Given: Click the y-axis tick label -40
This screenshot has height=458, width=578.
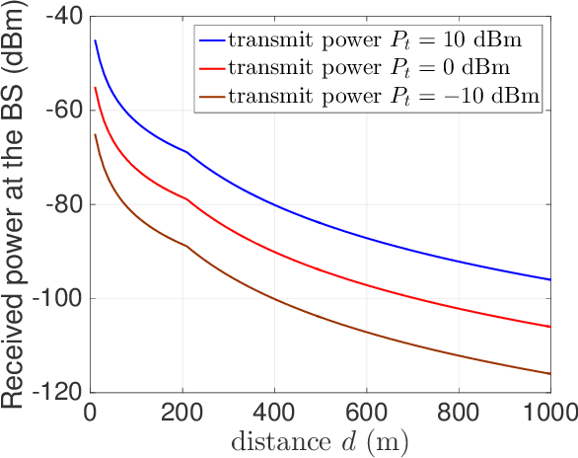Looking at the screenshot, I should [62, 17].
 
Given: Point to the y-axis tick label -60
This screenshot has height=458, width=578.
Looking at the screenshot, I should [62, 111].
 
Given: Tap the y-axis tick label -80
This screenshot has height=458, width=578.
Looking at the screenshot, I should [62, 204].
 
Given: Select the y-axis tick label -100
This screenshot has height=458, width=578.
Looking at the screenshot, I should [57, 298].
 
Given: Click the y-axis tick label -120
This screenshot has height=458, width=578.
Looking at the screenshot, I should [57, 392].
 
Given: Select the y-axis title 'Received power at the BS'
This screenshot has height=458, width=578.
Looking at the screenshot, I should [18, 204].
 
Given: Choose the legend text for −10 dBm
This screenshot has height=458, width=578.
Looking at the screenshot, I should [383, 97].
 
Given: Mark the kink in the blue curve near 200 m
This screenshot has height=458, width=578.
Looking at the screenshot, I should [185, 152].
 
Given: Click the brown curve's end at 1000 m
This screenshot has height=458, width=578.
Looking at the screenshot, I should [549, 373].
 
